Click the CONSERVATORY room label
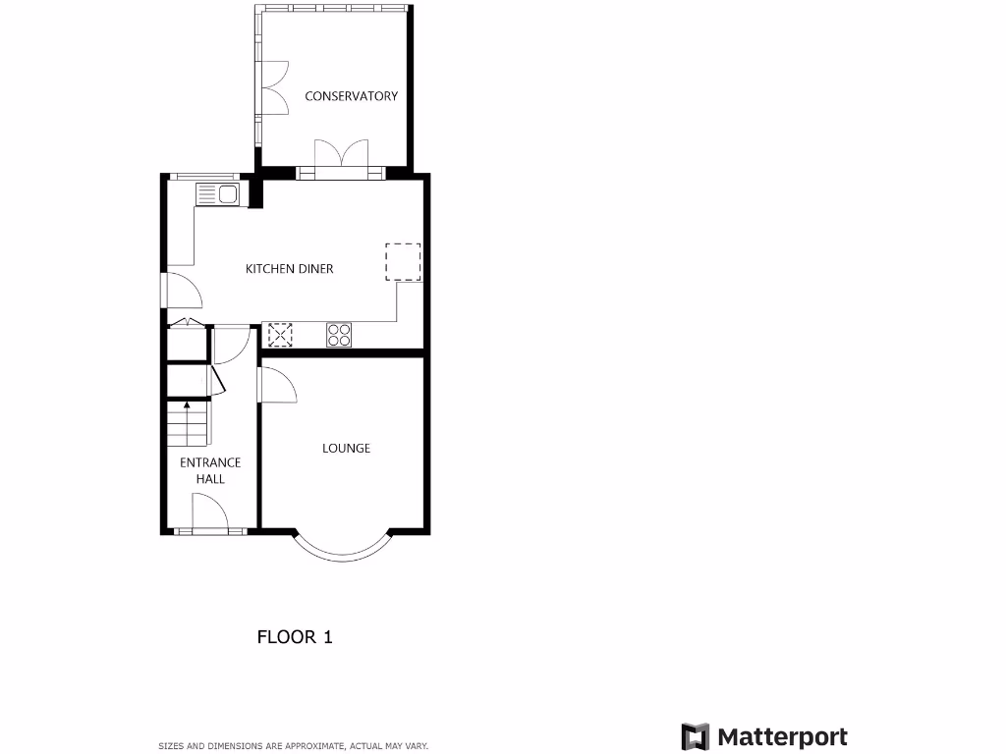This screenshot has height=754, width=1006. [351, 96]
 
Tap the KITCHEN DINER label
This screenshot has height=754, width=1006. [289, 269]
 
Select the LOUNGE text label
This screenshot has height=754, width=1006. [347, 449]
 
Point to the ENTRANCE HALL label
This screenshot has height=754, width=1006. [210, 470]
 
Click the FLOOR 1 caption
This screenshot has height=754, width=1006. [295, 637]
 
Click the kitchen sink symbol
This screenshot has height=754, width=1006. [218, 194]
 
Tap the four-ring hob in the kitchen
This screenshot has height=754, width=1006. [339, 335]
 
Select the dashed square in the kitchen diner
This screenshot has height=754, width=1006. [403, 262]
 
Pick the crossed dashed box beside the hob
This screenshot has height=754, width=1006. [281, 335]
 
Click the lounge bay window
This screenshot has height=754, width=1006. [343, 551]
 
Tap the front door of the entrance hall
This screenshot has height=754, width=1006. [209, 513]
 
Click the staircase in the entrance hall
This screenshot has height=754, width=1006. [188, 424]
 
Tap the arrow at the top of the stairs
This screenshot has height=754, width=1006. [187, 404]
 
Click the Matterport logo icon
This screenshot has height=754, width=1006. [696, 736]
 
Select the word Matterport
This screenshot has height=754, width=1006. [782, 736]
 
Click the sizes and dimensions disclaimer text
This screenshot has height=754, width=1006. [294, 746]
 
